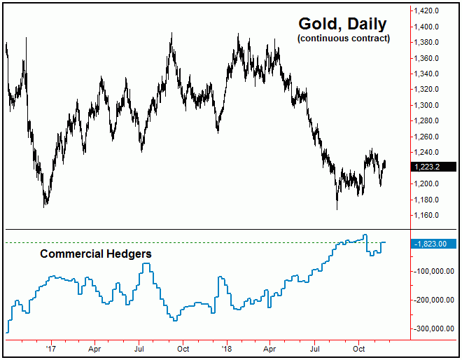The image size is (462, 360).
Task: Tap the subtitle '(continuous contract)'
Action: [344, 39]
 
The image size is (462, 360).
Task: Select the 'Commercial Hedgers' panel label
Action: [95, 254]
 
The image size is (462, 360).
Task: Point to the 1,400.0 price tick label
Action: [426, 27]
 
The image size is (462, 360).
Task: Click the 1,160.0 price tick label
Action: [426, 215]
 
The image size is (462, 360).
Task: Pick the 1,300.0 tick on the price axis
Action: [426, 105]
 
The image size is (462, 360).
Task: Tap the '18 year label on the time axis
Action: [226, 348]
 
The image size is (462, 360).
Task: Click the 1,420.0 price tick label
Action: [426, 11]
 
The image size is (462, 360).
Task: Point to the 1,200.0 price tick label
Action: [426, 184]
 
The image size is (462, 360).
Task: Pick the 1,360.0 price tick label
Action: [426, 58]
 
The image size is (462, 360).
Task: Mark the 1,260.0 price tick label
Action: [426, 137]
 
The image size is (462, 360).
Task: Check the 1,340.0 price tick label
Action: [426, 74]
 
